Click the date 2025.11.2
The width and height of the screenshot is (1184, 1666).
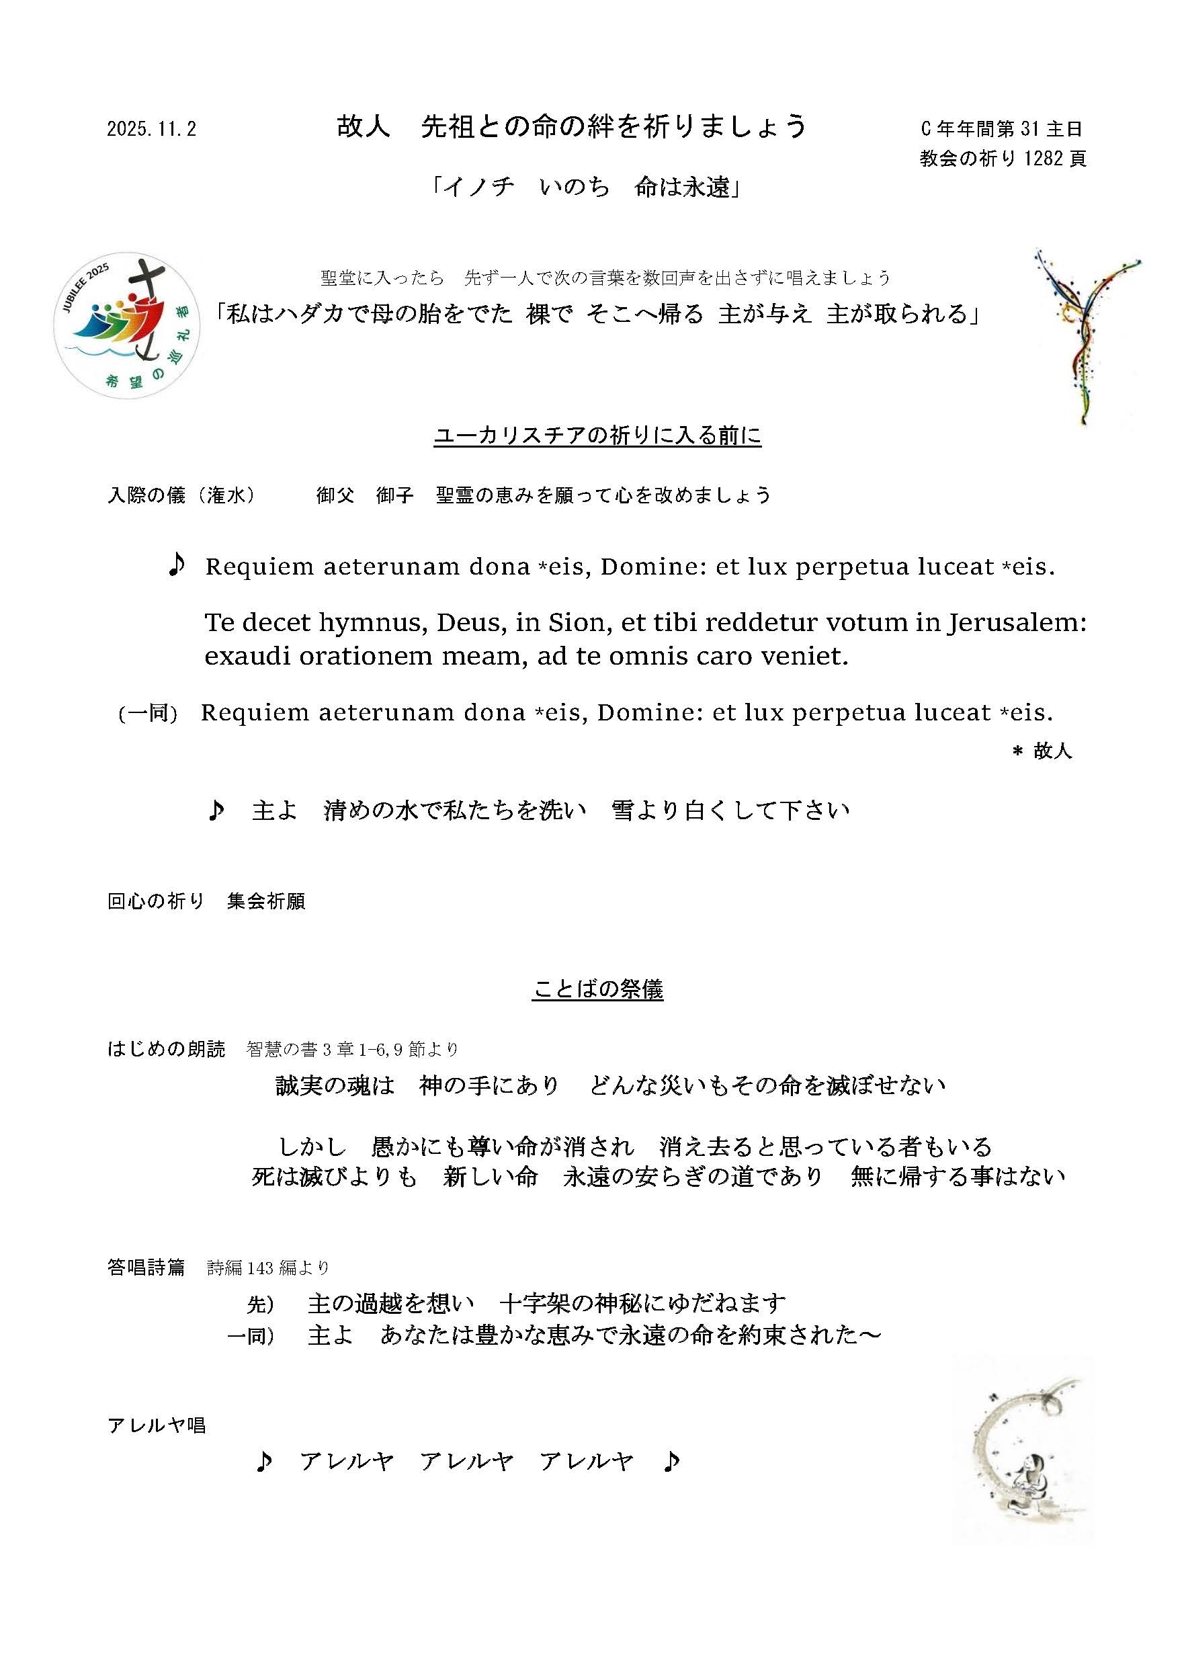152,130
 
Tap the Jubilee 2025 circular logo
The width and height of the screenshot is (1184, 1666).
127,325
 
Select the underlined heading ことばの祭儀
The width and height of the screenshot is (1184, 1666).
598,989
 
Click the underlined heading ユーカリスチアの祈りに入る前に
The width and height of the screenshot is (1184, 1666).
597,436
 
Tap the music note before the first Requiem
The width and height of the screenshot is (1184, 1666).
177,565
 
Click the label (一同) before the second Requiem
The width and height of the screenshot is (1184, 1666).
148,713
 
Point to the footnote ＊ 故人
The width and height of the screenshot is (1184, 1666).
1043,751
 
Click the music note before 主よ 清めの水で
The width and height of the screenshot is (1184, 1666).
216,810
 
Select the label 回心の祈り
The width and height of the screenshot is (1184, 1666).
155,901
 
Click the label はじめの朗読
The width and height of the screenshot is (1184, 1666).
166,1049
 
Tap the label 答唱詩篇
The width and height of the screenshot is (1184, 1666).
146,1268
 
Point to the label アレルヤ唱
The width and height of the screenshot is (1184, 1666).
156,1425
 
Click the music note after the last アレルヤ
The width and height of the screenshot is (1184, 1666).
671,1461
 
